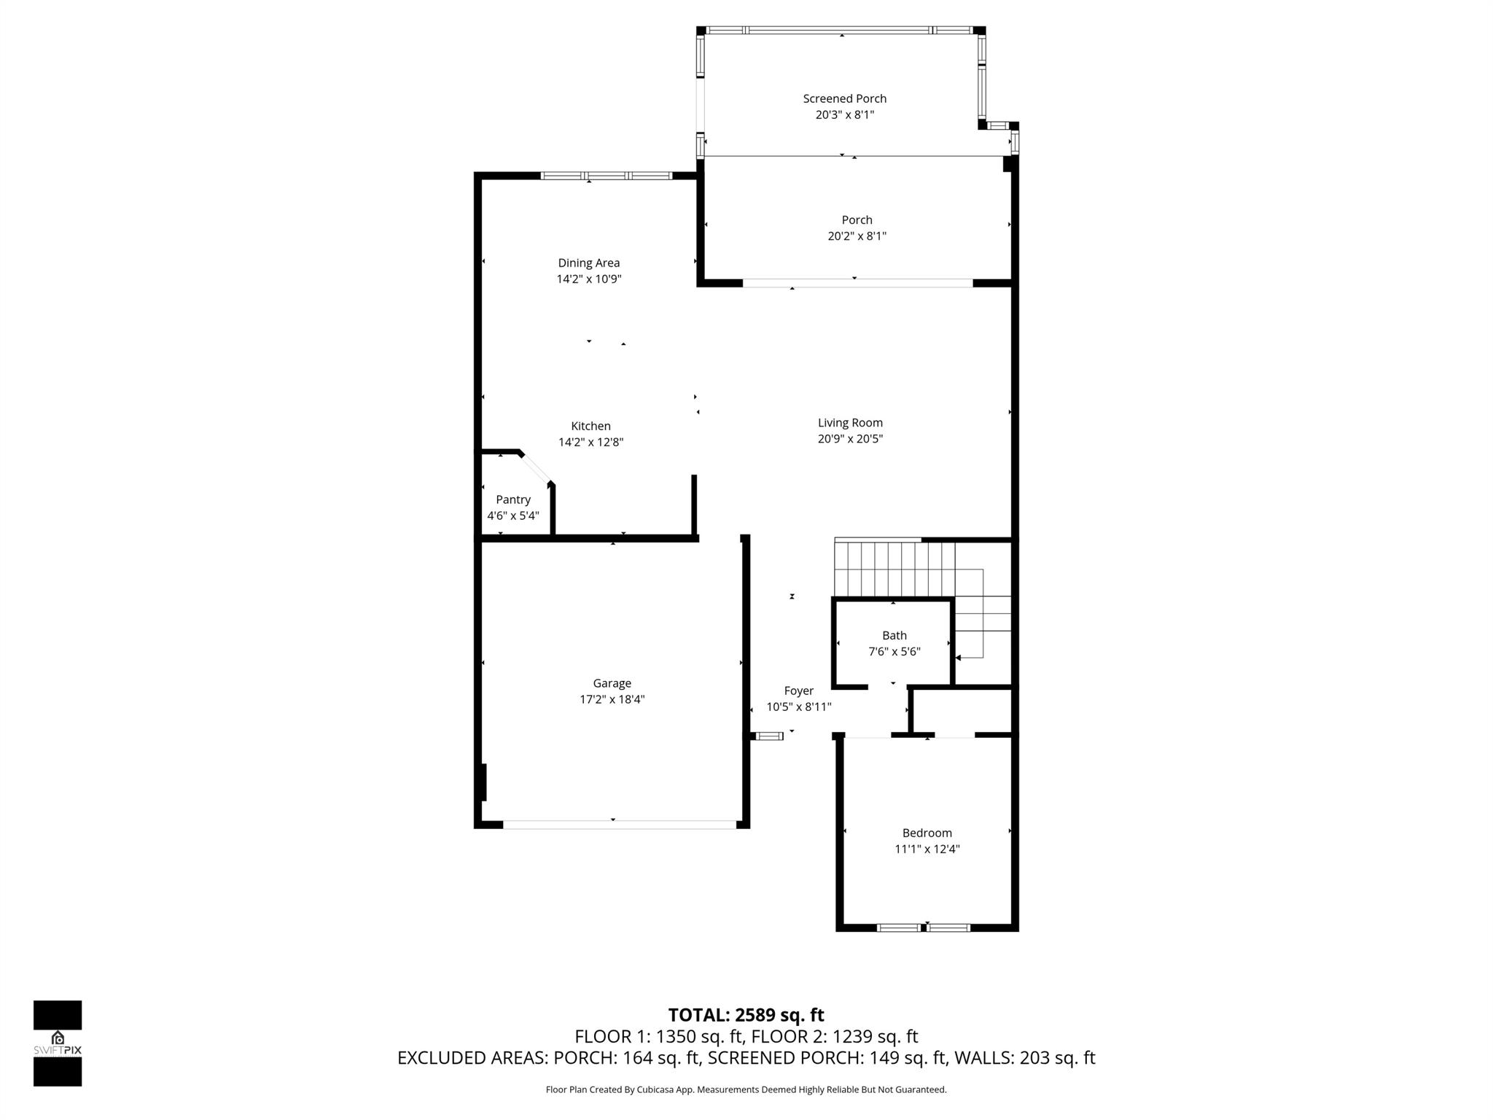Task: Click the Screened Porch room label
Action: tap(844, 98)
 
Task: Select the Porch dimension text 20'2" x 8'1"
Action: tap(857, 236)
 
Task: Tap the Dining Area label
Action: tap(588, 263)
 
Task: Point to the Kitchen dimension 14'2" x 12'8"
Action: tap(590, 443)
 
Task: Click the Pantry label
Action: tap(513, 499)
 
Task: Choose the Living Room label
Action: tap(850, 423)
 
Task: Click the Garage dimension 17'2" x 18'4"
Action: tap(612, 700)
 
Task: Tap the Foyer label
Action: tap(798, 691)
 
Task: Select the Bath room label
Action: tap(894, 636)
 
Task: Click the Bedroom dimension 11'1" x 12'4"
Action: tap(927, 849)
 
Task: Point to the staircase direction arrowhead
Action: tap(959, 658)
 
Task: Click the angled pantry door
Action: tap(536, 467)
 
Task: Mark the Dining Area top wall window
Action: tap(606, 176)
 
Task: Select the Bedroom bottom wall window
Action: tap(923, 927)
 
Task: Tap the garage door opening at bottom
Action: tap(619, 825)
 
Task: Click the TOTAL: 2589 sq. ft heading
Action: tap(746, 1015)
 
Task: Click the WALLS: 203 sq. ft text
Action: tap(1024, 1058)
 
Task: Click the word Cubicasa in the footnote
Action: tap(655, 1090)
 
